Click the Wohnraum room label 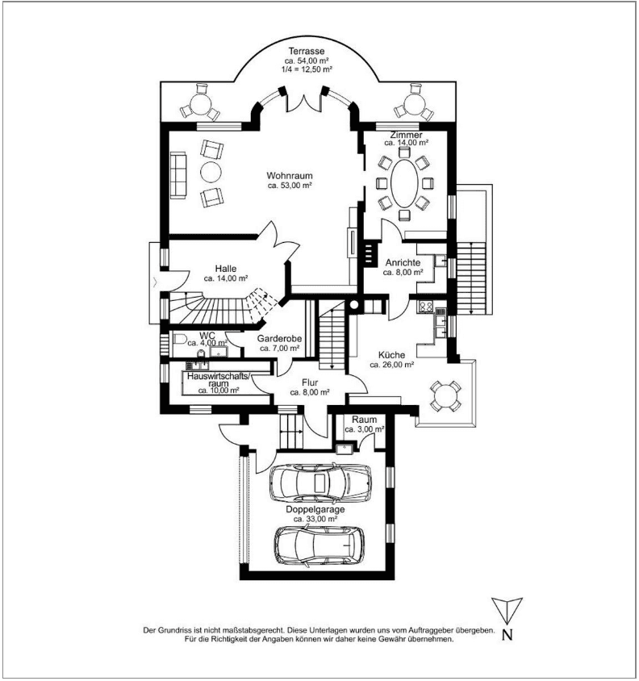point(290,175)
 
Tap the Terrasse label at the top point(306,51)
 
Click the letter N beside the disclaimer point(507,634)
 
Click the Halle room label point(225,269)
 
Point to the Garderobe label point(279,339)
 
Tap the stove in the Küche point(425,306)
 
